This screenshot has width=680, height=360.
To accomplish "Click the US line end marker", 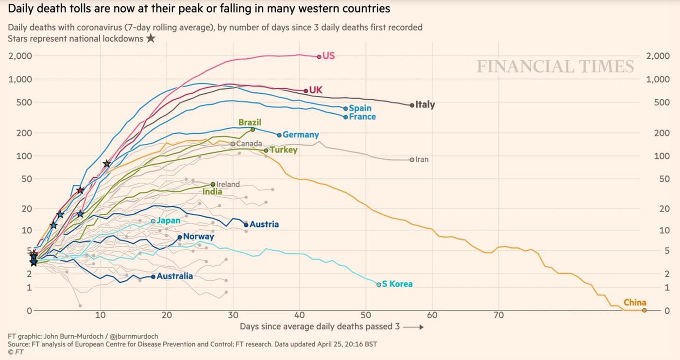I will (319, 57).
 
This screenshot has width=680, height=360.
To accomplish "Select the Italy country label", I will (425, 104).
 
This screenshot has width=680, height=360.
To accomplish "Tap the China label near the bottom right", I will (635, 302).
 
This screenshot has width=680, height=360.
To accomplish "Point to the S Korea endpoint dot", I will (379, 284).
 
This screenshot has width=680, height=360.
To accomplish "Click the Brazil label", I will (250, 122).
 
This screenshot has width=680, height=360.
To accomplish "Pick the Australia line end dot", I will (153, 276).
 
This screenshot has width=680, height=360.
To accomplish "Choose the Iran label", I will (422, 159).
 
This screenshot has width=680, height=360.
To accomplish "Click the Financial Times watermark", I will (555, 66).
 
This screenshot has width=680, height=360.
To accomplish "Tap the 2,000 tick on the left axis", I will (20, 56).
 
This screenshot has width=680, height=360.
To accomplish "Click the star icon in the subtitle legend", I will (151, 38).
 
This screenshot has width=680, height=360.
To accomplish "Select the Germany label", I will (301, 135).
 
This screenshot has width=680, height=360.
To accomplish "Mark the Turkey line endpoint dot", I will (266, 151).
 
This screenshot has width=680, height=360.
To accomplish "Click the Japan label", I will (169, 221).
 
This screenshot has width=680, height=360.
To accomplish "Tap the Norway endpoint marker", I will (180, 237).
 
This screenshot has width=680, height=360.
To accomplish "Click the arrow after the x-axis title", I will (413, 327).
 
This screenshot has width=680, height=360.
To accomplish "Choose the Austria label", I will (264, 224).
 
